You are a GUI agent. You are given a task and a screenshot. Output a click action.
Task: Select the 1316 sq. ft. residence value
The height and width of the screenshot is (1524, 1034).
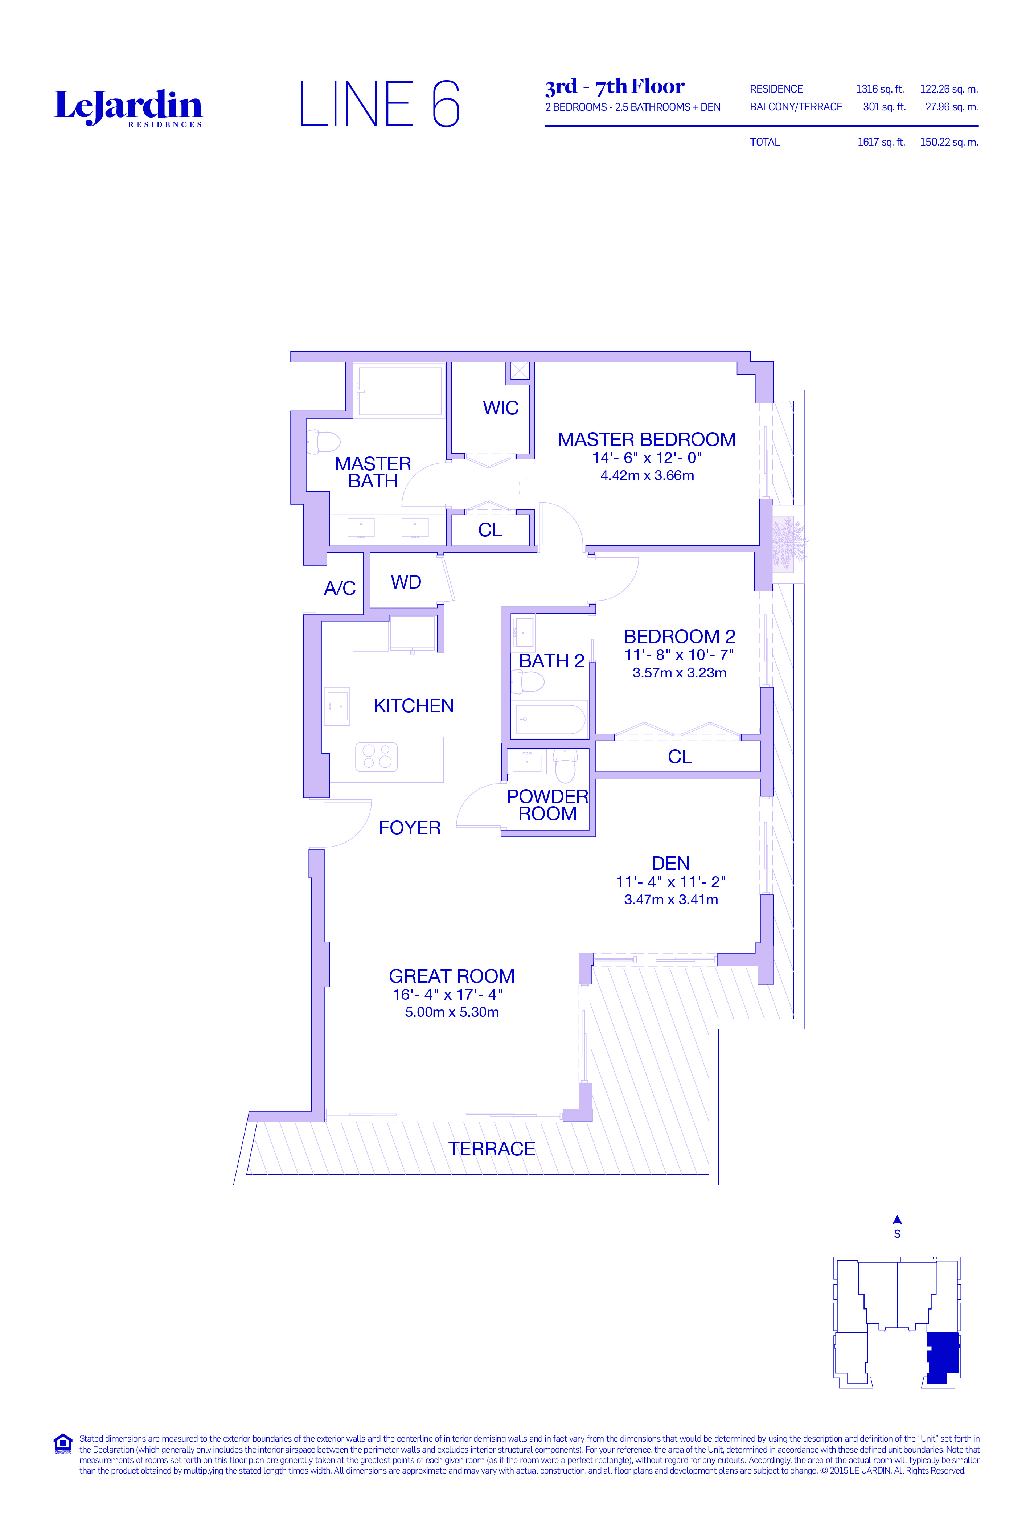click(x=880, y=89)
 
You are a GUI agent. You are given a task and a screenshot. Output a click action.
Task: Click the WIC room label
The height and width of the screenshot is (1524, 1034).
click(x=501, y=408)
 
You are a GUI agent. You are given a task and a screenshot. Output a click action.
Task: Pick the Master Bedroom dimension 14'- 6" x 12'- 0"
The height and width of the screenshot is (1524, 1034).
click(x=647, y=458)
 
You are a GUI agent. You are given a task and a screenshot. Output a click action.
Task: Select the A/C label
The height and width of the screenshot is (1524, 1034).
click(x=340, y=588)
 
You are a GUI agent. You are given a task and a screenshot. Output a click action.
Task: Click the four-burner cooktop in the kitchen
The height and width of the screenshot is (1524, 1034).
click(x=376, y=757)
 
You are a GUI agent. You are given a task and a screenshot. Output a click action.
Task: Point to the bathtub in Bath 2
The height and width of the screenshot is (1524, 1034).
click(x=549, y=720)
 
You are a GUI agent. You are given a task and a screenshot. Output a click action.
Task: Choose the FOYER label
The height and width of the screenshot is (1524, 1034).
click(x=410, y=828)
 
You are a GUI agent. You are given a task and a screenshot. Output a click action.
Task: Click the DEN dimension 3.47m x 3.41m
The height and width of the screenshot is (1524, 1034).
click(x=671, y=900)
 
